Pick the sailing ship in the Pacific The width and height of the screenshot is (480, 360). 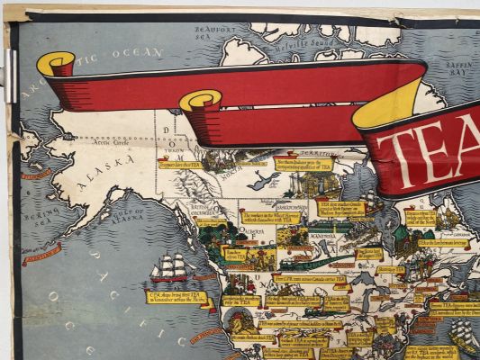click(171, 267)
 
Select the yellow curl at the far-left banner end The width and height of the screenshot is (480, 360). click(57, 64)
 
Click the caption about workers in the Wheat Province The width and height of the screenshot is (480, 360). click(276, 219)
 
